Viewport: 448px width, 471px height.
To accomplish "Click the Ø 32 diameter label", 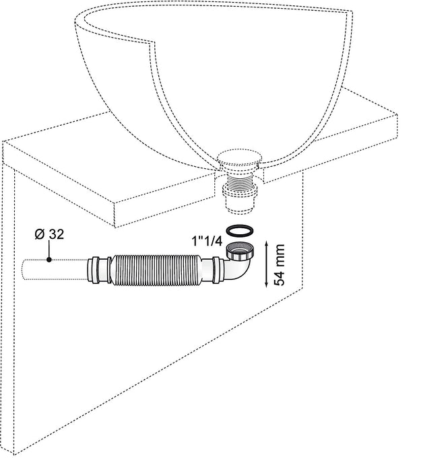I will [49, 235].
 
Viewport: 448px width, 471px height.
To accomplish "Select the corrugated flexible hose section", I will [156, 269].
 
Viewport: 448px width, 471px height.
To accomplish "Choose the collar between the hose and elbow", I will [216, 271].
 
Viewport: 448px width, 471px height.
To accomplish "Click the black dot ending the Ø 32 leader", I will [49, 259].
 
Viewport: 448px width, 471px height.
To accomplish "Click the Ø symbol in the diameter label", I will [38, 235].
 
